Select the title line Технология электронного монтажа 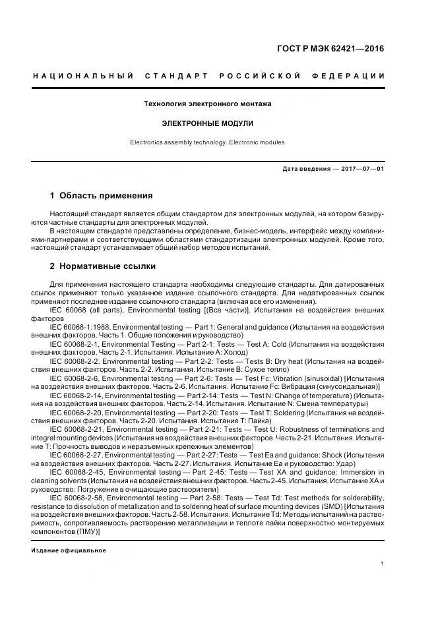(x=208, y=104)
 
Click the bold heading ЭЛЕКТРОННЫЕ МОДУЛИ (x=208, y=123)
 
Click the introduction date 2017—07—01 (x=362, y=169)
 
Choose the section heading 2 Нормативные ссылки (x=103, y=266)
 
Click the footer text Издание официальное (x=69, y=550)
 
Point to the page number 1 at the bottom (x=383, y=563)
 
